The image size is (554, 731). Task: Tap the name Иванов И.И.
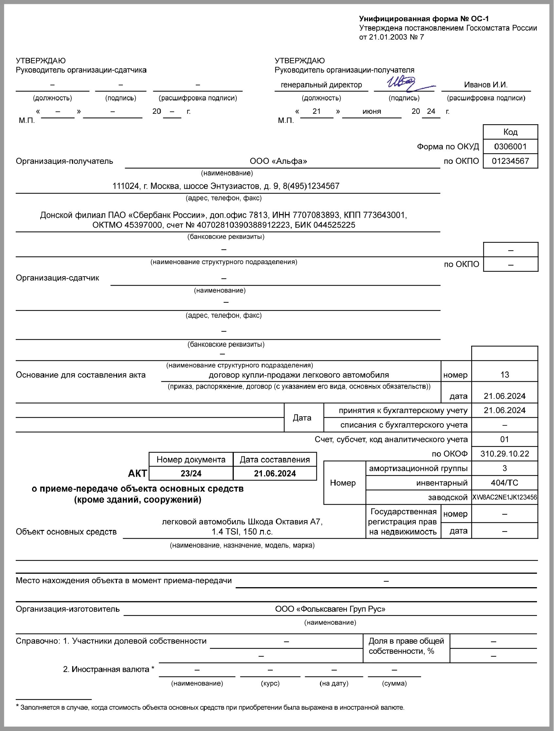[486, 85]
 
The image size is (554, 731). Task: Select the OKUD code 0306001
[510, 146]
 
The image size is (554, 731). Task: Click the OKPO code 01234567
[510, 161]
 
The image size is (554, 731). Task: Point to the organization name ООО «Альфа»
[278, 161]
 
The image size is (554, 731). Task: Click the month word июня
[372, 112]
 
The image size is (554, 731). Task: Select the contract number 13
[504, 375]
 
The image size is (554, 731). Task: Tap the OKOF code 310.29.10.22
[504, 454]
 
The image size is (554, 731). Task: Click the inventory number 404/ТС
[504, 483]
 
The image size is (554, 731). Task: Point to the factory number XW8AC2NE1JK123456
[504, 497]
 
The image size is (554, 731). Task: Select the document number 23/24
[191, 474]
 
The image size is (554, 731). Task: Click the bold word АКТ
[137, 474]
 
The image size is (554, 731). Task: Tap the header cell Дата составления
[275, 460]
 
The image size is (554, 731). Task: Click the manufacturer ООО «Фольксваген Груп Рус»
[330, 609]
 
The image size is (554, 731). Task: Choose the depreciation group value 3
[504, 468]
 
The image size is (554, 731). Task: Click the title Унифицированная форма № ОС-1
[424, 19]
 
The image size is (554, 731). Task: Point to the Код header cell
[510, 132]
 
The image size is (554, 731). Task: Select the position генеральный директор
[321, 85]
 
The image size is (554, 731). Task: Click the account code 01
[504, 439]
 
